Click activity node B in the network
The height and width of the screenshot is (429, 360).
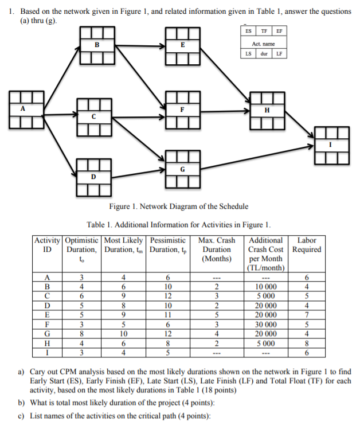pos(96,45)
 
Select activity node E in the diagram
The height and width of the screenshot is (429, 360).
pos(182,45)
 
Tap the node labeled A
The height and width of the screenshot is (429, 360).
pos(24,108)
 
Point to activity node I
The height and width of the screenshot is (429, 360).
pos(331,144)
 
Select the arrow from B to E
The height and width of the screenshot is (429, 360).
pos(139,45)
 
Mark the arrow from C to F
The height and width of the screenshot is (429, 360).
pos(139,109)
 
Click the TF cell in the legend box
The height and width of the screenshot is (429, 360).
pos(264,32)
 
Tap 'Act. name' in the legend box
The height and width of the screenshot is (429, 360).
pos(264,43)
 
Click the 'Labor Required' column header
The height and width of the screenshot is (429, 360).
pos(307,245)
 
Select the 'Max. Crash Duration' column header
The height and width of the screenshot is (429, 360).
pos(216,249)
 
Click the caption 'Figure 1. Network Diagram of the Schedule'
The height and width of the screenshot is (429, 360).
pos(178,206)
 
